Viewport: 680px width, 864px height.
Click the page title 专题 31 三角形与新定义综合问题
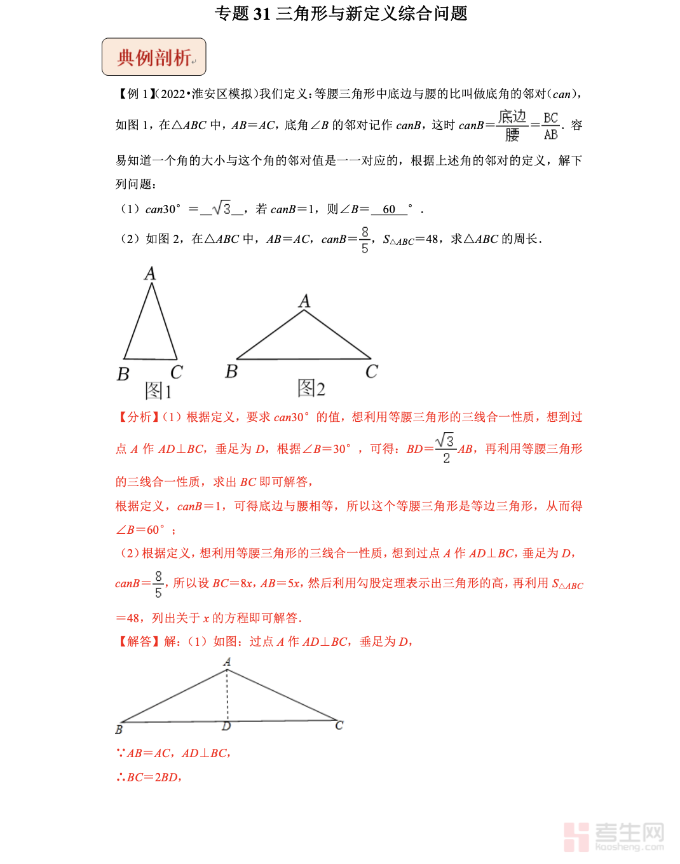[x=341, y=13]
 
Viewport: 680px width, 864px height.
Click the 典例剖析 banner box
[x=154, y=57]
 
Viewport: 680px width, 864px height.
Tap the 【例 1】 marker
[x=135, y=94]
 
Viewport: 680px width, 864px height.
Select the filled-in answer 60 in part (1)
[x=389, y=209]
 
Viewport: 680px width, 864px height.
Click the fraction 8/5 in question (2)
[x=365, y=240]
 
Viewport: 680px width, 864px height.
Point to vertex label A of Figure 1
[x=150, y=274]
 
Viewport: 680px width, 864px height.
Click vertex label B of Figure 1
[x=123, y=374]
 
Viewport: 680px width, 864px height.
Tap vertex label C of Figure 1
[x=177, y=372]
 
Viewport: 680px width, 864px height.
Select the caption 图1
[x=158, y=390]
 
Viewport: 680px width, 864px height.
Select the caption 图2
[x=311, y=388]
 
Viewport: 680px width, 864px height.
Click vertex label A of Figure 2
[x=305, y=301]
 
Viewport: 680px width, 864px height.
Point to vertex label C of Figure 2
[x=372, y=372]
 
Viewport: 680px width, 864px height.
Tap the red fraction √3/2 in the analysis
[x=445, y=449]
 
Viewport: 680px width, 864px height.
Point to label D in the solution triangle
[x=226, y=727]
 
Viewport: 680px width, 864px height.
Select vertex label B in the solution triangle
[x=119, y=730]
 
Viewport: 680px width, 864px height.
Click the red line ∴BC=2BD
[x=150, y=777]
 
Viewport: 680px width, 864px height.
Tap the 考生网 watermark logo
[x=614, y=836]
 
